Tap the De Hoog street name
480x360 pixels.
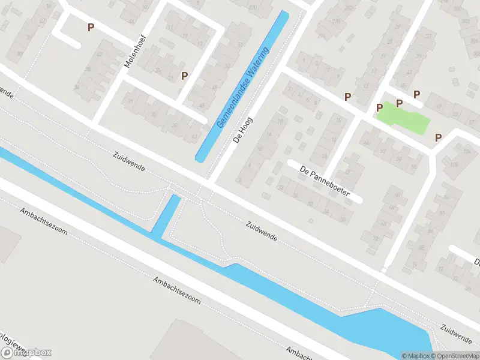point(242,127)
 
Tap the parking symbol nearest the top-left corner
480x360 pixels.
point(91,27)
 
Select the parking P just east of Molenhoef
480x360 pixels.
point(184,76)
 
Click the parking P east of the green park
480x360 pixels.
point(438,137)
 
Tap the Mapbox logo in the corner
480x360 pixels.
point(27,353)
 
